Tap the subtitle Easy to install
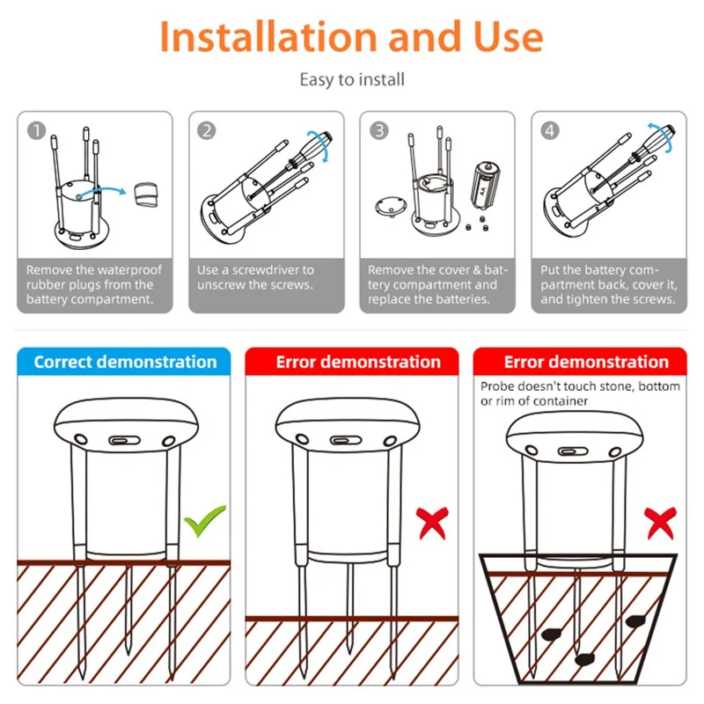click(x=352, y=80)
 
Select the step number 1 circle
click(x=36, y=130)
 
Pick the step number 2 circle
click(x=207, y=130)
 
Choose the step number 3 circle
click(x=378, y=130)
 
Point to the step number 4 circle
click(x=550, y=130)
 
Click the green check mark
click(x=203, y=521)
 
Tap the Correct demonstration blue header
click(x=124, y=363)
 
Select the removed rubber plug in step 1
click(x=146, y=194)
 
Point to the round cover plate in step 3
click(x=388, y=207)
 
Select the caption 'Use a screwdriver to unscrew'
click(x=255, y=277)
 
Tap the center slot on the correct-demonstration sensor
click(x=123, y=438)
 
